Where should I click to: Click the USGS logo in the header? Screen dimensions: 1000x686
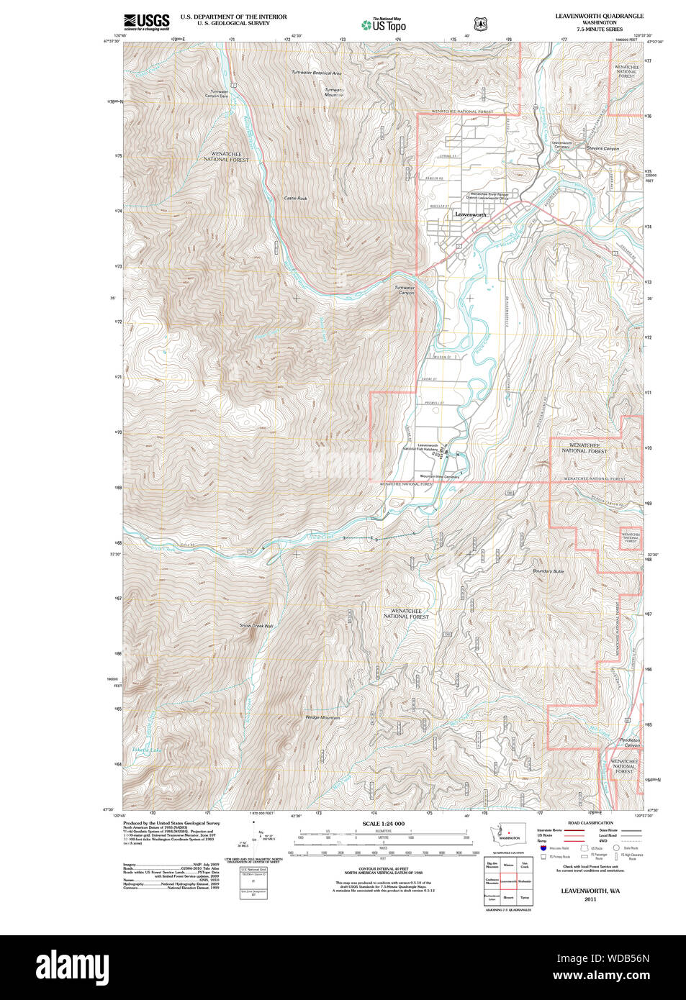click(x=146, y=22)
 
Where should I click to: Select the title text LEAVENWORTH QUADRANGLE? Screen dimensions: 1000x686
click(x=599, y=16)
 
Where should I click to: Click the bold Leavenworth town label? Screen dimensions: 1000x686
click(x=471, y=214)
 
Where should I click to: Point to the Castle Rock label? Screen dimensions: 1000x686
click(x=295, y=199)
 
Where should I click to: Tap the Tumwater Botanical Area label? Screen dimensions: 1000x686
click(x=316, y=73)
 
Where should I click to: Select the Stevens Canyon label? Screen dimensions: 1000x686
click(x=602, y=149)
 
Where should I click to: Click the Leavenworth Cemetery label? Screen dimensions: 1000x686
click(x=562, y=145)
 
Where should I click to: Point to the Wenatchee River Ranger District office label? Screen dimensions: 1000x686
click(x=489, y=196)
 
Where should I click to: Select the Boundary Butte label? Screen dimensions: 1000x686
click(x=548, y=571)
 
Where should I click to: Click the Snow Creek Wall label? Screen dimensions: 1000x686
click(x=256, y=626)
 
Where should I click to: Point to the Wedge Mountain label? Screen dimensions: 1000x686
click(x=322, y=718)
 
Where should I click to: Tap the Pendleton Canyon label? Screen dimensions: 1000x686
click(x=629, y=742)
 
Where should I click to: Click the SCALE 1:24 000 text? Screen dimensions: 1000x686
click(x=383, y=824)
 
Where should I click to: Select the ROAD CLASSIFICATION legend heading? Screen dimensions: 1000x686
click(x=590, y=823)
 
